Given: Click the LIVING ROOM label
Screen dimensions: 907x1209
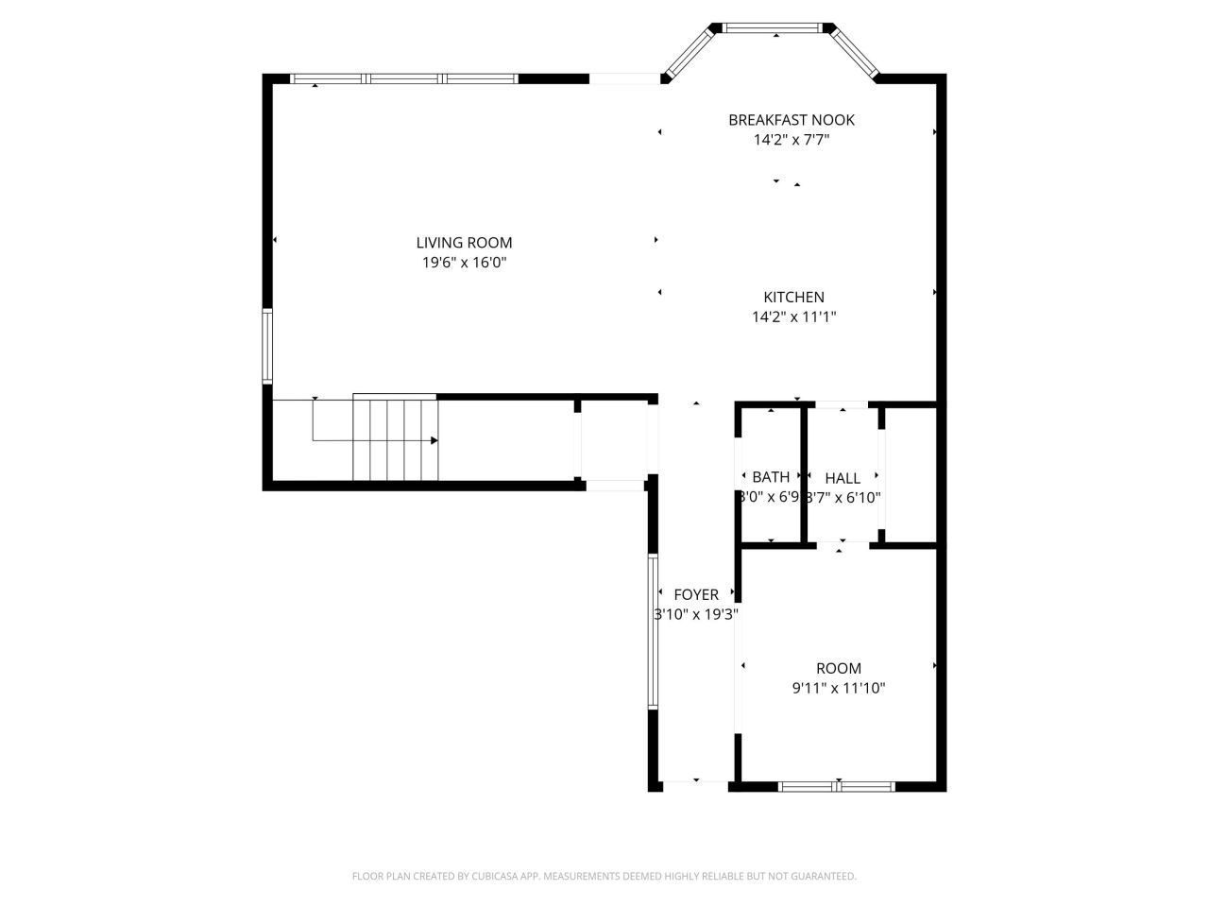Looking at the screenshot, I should [x=464, y=243].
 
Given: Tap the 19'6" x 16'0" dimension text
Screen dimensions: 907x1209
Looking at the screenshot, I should [x=464, y=264].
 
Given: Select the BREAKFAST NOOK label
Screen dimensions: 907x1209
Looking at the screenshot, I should [x=791, y=120].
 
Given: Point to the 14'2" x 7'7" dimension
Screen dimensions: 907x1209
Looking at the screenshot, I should [x=791, y=140].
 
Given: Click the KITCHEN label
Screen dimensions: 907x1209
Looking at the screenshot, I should [x=793, y=298].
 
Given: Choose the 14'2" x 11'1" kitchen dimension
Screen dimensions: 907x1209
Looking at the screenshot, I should [x=793, y=317].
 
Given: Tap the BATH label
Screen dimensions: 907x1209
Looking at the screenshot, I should [x=771, y=477].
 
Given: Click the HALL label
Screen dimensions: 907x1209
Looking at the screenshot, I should [x=842, y=477].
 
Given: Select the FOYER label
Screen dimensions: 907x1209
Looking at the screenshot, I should [x=696, y=594].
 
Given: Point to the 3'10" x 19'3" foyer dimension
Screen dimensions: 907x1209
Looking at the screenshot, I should [x=696, y=614].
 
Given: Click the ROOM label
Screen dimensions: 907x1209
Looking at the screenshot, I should [x=838, y=668].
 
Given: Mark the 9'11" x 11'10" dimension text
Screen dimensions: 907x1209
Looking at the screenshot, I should [x=838, y=689].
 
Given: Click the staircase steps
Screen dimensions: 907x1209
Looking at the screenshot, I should [x=396, y=438].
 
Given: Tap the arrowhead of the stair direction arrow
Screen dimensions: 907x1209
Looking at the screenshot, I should [x=434, y=440].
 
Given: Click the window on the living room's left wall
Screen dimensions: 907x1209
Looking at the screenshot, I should [x=267, y=346].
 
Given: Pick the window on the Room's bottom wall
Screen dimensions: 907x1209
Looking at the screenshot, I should [x=838, y=785].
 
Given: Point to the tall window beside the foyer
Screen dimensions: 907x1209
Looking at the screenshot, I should [x=652, y=631].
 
